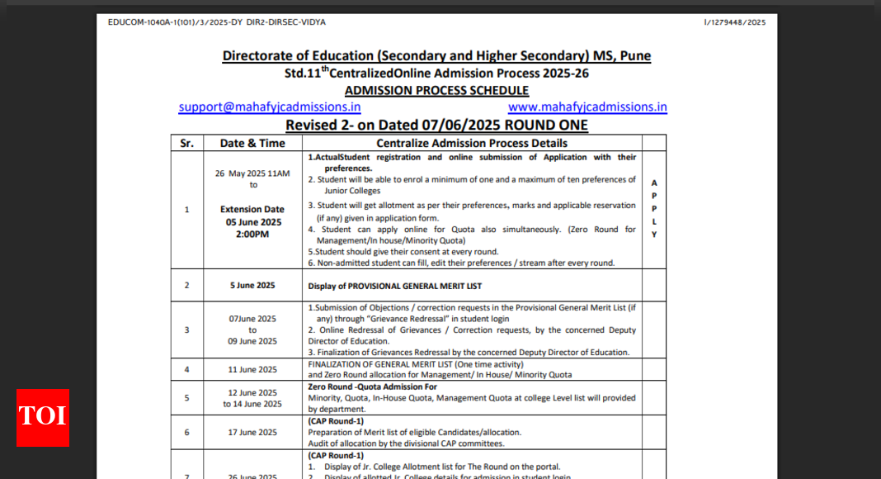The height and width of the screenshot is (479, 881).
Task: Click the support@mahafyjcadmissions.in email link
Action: click(x=270, y=107)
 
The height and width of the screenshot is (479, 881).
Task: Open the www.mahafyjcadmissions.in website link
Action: click(x=587, y=107)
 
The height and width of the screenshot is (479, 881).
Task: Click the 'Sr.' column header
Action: click(x=186, y=143)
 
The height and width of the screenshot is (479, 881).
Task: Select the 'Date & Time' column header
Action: click(x=252, y=143)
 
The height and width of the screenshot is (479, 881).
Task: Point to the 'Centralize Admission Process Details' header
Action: click(x=472, y=143)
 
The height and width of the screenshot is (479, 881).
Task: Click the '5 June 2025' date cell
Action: click(x=252, y=286)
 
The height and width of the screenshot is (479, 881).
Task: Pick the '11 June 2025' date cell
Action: click(x=252, y=370)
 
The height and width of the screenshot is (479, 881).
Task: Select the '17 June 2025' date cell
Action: click(x=252, y=433)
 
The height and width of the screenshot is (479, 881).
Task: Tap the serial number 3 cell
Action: click(x=186, y=330)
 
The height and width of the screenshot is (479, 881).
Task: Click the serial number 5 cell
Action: click(x=186, y=398)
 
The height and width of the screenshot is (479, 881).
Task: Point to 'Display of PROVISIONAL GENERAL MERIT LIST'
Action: click(x=395, y=286)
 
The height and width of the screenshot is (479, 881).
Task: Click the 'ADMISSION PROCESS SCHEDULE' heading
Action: click(x=436, y=90)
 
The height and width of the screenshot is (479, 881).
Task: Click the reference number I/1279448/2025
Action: click(x=734, y=22)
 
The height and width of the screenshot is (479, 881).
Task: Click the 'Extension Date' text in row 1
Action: click(x=252, y=210)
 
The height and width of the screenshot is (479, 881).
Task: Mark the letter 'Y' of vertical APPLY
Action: click(x=654, y=235)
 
